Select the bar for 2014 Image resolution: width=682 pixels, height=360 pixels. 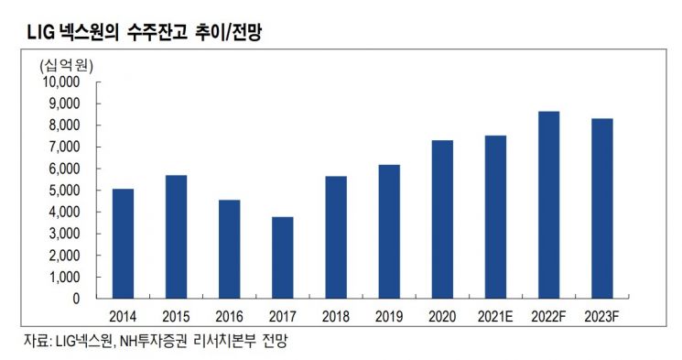coord(123,244)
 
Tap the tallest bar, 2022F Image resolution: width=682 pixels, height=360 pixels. coord(548,205)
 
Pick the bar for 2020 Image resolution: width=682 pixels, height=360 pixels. coord(442,220)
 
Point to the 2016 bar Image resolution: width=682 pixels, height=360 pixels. coord(229,249)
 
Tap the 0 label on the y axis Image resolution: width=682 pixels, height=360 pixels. coord(78,299)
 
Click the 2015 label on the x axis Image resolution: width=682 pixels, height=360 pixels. coord(176,317)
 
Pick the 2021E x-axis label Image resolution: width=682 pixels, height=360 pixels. coord(495,317)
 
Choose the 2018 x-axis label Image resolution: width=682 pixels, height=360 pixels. coord(335,317)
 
